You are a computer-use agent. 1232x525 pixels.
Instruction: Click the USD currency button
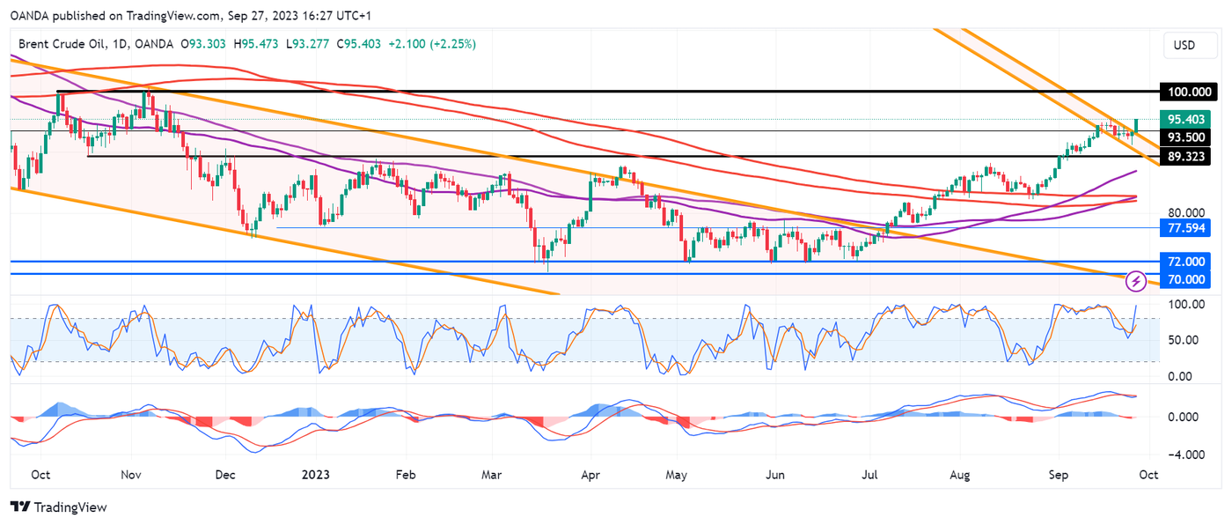1184,45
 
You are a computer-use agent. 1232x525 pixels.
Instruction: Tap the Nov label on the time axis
130,475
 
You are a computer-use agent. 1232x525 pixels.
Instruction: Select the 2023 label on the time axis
315,475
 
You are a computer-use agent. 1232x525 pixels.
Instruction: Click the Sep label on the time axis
1058,475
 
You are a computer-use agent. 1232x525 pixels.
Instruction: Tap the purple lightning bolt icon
1136,281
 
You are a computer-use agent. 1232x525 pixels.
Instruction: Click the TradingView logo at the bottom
58,507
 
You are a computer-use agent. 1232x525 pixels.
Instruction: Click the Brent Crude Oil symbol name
62,43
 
